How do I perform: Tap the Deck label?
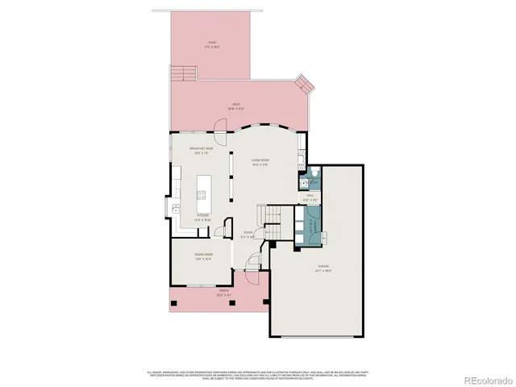click(236, 105)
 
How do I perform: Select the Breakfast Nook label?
click(201, 150)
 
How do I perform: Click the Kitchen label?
click(202, 216)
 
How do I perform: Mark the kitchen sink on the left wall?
click(175, 209)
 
